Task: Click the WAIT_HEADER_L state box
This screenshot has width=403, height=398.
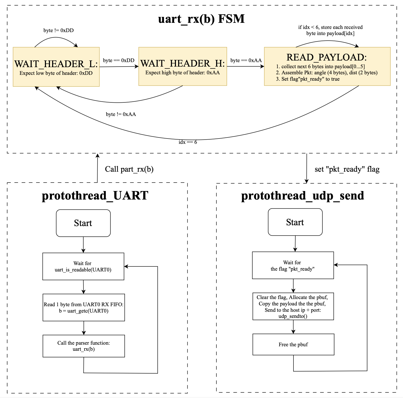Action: (56, 67)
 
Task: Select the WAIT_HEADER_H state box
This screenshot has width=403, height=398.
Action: (183, 66)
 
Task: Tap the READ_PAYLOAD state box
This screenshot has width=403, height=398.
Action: (327, 66)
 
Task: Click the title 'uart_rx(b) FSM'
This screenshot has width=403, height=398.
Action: (201, 19)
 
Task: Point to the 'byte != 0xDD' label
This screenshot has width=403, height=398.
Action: (58, 31)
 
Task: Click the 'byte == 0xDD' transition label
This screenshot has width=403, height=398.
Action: (119, 60)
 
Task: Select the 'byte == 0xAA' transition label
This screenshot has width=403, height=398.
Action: (246, 60)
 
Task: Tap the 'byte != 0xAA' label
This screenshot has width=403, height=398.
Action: (121, 114)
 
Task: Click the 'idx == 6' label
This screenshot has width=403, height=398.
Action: (188, 142)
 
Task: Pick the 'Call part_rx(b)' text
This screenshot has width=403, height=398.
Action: (129, 169)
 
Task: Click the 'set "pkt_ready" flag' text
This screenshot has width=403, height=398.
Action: (347, 169)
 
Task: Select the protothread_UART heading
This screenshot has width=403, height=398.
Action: (95, 196)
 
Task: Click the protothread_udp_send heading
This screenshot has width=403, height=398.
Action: (303, 196)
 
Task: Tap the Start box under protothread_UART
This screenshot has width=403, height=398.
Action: (83, 223)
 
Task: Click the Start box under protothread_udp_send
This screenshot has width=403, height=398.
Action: (295, 222)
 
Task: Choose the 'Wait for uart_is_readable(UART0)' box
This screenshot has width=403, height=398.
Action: (83, 266)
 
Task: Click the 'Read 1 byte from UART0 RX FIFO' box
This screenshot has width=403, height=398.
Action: (84, 308)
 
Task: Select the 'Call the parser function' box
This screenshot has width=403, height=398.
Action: (84, 346)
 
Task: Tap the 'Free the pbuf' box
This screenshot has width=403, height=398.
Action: (293, 344)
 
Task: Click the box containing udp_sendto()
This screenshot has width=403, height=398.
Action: (293, 307)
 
